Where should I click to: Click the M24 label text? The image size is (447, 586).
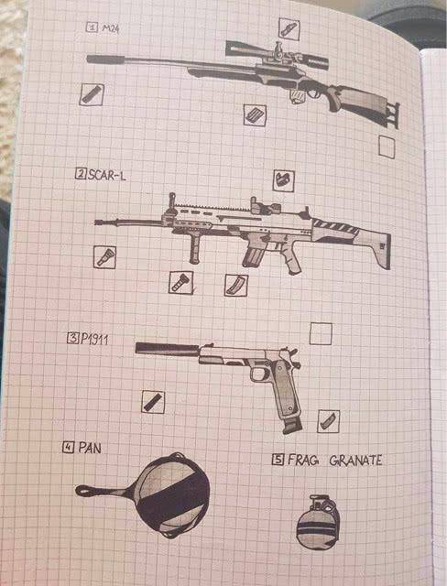click(111, 28)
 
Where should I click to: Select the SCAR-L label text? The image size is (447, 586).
click(107, 175)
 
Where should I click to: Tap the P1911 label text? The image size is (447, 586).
click(94, 339)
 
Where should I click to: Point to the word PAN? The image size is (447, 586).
click(90, 448)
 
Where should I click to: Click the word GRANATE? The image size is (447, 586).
click(355, 460)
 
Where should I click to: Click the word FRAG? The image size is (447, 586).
click(303, 460)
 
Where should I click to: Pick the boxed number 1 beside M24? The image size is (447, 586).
click(92, 27)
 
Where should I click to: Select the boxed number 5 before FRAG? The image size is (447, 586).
click(278, 460)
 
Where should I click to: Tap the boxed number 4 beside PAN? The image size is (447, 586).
click(68, 447)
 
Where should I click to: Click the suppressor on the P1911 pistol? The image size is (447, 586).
click(167, 349)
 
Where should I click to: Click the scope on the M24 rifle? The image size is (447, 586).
click(277, 55)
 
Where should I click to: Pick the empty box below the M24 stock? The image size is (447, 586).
click(387, 146)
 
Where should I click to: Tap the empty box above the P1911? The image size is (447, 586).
click(321, 333)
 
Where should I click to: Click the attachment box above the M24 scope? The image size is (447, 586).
click(289, 28)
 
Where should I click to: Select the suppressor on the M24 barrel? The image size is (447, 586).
click(105, 59)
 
